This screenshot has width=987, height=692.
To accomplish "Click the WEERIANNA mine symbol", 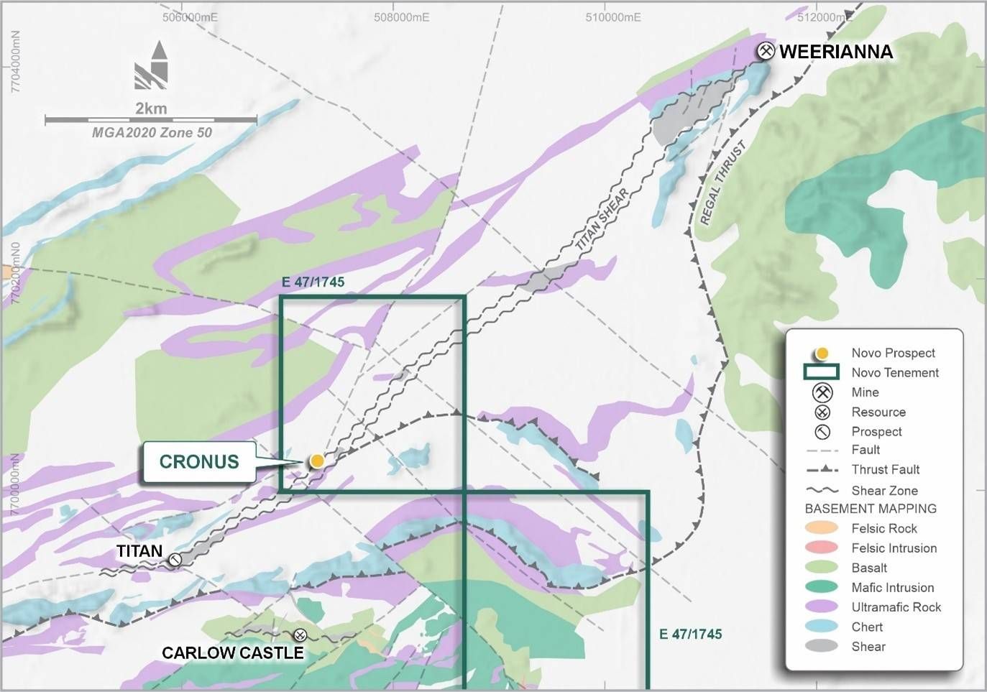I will (767, 51).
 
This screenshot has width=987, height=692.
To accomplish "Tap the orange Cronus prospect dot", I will (316, 461).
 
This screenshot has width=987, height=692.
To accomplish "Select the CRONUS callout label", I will (199, 461).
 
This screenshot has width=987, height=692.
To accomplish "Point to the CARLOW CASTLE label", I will (232, 652).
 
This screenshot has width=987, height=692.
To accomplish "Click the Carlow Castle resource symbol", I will (300, 635).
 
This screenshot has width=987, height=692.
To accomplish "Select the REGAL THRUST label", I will (722, 183).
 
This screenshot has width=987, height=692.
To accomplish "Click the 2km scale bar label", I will (151, 109).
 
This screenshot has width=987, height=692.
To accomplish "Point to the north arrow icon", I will (152, 66).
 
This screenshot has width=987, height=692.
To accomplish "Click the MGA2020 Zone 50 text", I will (152, 132).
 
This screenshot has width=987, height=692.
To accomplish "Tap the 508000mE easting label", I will (401, 17).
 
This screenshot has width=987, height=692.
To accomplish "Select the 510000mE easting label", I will (613, 17).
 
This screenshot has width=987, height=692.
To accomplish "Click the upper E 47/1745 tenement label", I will (313, 282).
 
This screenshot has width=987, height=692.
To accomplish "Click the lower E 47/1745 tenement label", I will (690, 634).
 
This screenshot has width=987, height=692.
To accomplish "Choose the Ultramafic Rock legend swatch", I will (822, 607).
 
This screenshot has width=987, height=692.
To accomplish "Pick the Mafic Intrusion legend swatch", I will (822, 587).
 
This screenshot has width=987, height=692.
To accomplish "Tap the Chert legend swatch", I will (822, 627).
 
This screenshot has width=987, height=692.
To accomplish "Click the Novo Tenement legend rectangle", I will (822, 372).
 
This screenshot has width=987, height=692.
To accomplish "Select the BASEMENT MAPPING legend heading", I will (871, 509).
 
